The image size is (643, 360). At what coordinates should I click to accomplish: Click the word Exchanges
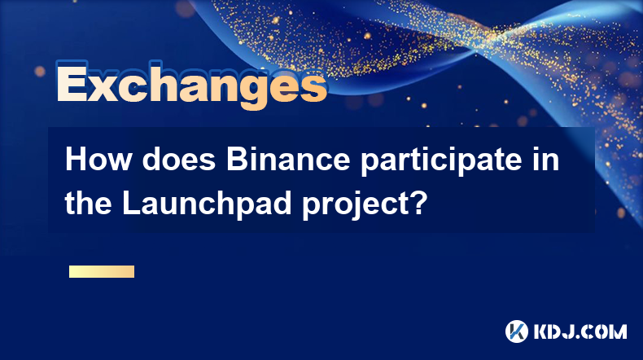click(191, 85)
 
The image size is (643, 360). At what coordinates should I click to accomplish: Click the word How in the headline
click(98, 160)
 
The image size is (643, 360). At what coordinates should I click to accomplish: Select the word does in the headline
click(179, 160)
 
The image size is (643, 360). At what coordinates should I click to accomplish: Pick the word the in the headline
click(88, 203)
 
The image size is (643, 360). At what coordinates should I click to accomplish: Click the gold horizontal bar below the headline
click(102, 271)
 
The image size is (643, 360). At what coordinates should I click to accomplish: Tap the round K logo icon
click(517, 331)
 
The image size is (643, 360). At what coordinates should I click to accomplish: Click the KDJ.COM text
click(580, 331)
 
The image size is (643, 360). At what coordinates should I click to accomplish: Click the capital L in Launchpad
click(131, 203)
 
